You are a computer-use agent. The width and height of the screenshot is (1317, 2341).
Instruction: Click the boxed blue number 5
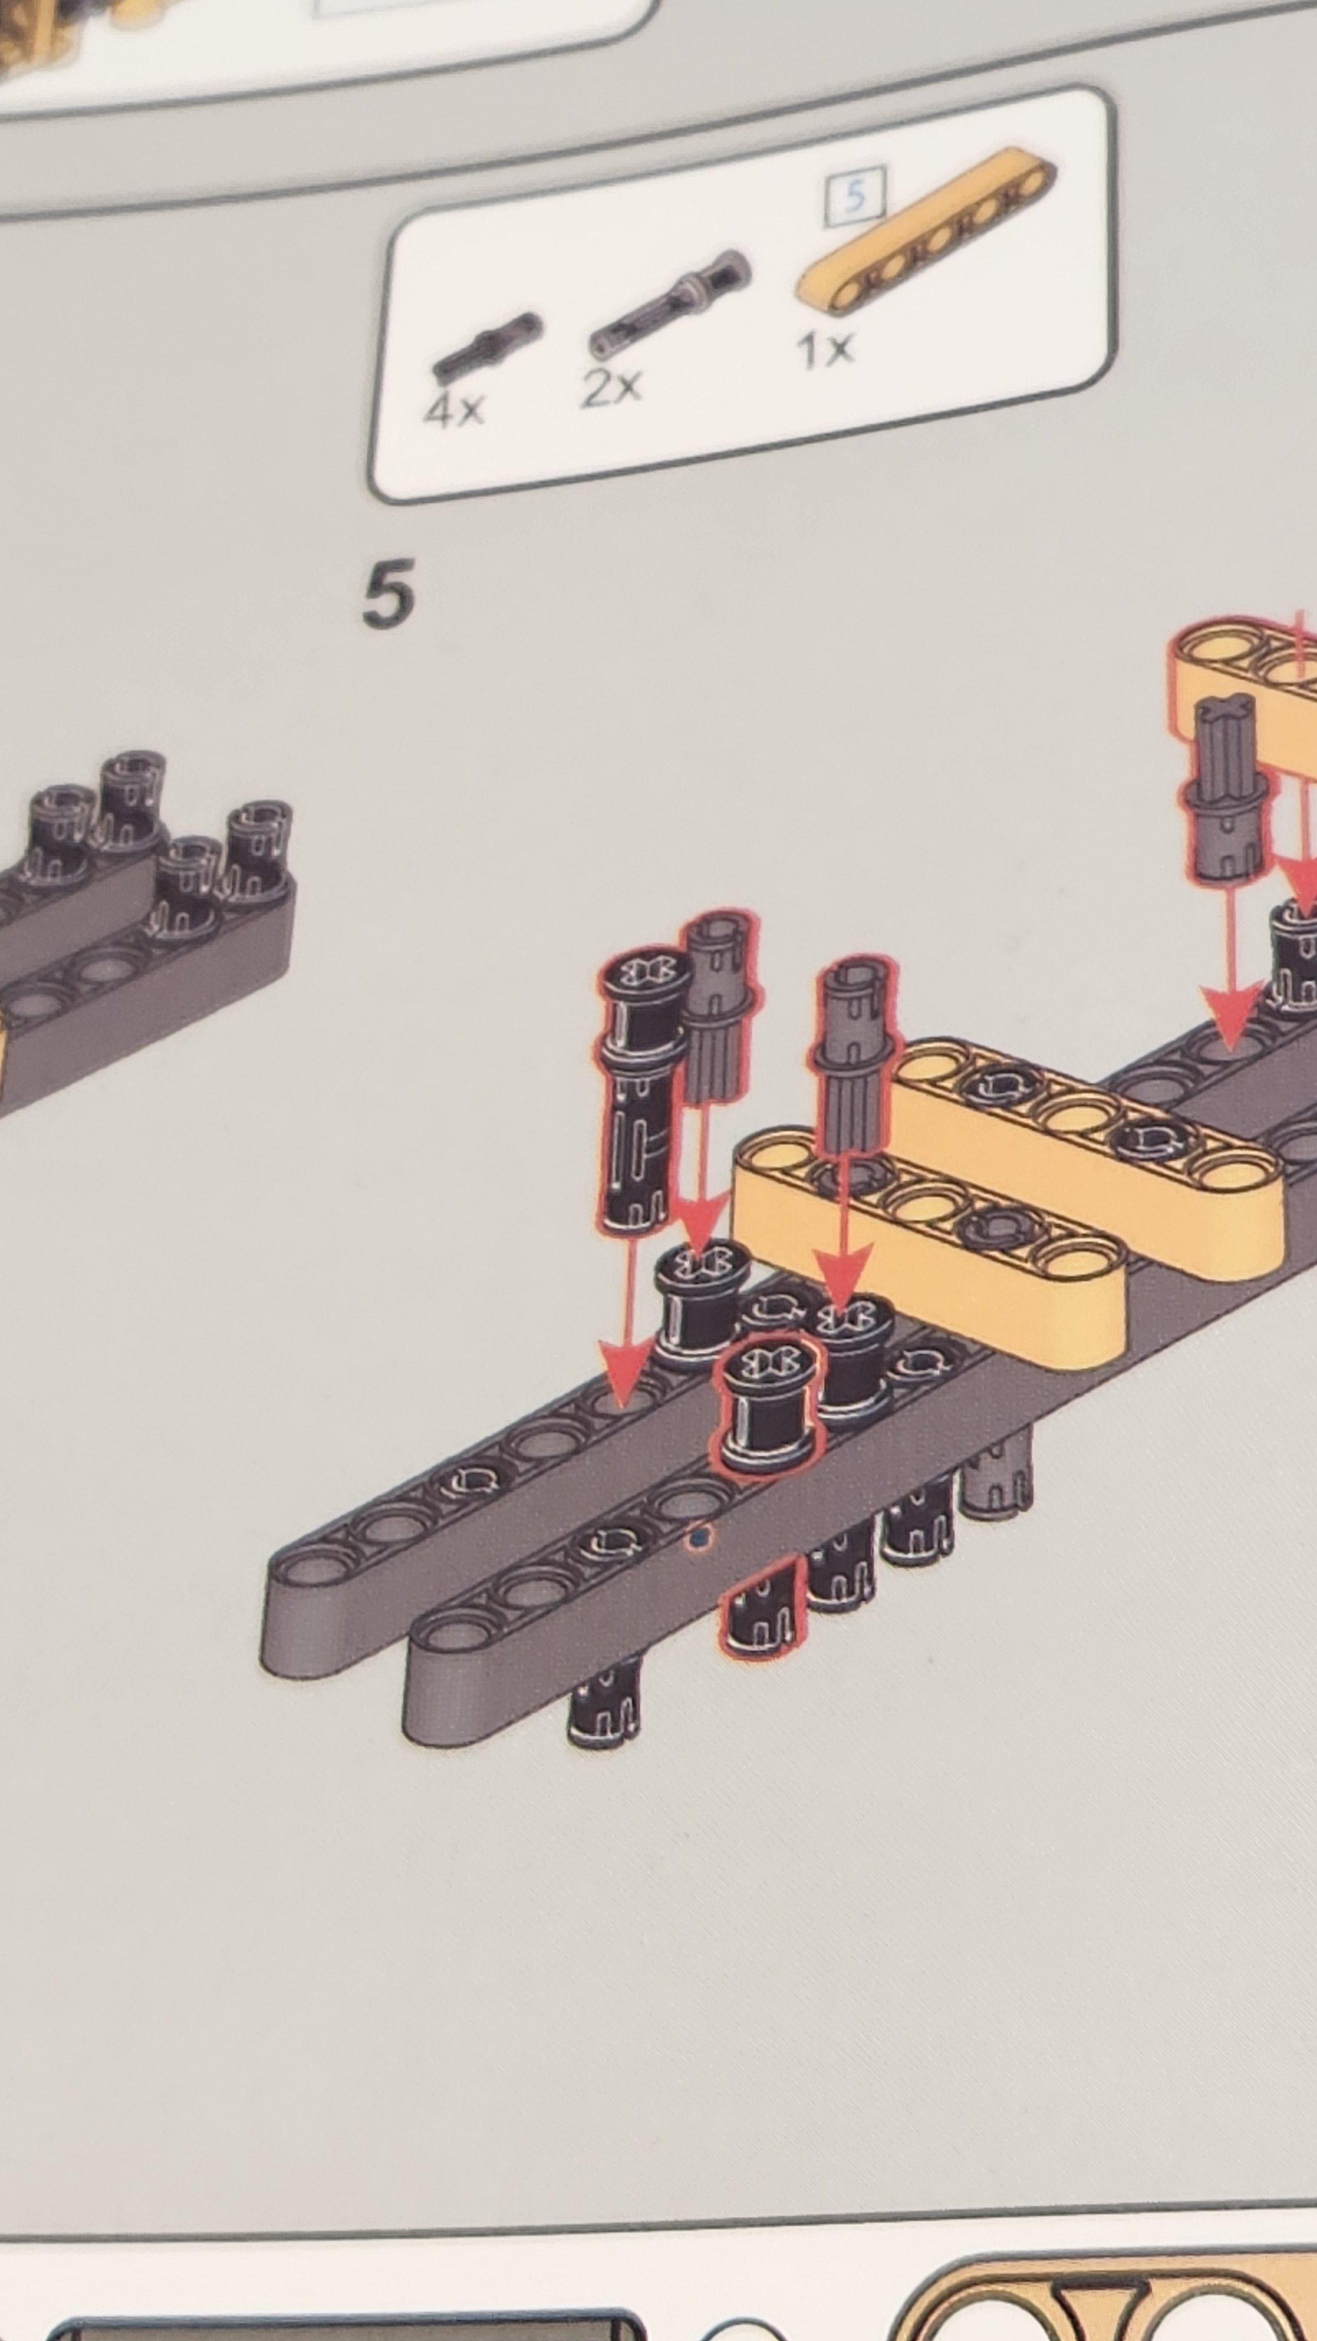(x=854, y=195)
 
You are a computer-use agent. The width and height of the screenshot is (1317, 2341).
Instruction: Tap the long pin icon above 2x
(x=670, y=304)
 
